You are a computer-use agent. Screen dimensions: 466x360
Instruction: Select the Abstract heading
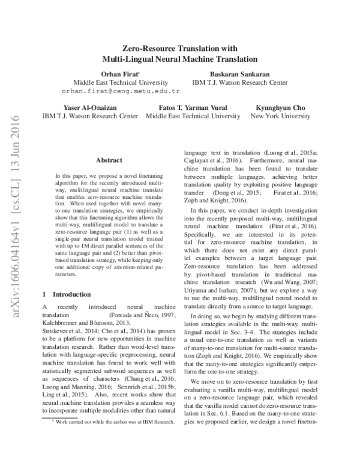[109, 160]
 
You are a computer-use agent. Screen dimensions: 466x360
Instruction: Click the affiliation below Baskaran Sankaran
[235, 82]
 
